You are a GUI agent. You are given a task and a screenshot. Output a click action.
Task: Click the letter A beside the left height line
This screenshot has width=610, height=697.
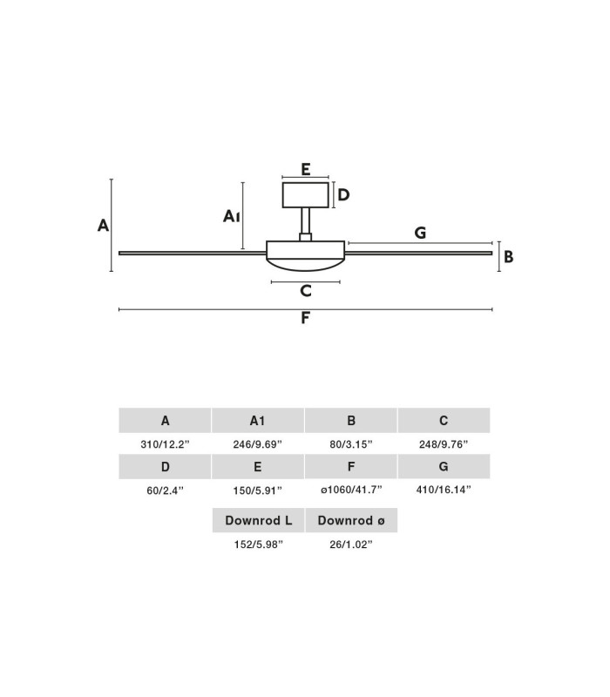pyautogui.click(x=103, y=226)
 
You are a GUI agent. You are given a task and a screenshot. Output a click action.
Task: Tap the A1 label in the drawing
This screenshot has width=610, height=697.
pyautogui.click(x=231, y=216)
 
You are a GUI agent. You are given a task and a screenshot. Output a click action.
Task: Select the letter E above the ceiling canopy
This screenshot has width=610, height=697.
pyautogui.click(x=306, y=169)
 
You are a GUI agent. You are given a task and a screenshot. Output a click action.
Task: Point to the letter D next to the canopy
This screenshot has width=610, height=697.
pyautogui.click(x=343, y=194)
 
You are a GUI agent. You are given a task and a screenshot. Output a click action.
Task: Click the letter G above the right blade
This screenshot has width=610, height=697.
pyautogui.click(x=420, y=233)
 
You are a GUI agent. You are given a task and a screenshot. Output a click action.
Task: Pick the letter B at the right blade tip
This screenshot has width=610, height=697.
pyautogui.click(x=509, y=256)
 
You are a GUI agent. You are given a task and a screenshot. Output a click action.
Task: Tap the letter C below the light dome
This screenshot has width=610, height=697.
pyautogui.click(x=306, y=291)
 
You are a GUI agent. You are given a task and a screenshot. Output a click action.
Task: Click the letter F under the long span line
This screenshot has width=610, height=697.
pyautogui.click(x=305, y=318)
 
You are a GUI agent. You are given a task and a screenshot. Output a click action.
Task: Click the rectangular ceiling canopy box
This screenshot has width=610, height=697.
pyautogui.click(x=306, y=194)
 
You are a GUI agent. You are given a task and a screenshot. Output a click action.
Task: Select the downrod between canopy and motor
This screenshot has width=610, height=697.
pyautogui.click(x=306, y=221)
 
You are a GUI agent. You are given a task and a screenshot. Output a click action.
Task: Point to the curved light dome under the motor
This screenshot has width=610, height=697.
pyautogui.click(x=306, y=265)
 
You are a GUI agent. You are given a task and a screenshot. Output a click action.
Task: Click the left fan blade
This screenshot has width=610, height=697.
pyautogui.click(x=193, y=254)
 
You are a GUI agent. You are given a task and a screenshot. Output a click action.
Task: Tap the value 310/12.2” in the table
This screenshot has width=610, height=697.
pyautogui.click(x=165, y=444)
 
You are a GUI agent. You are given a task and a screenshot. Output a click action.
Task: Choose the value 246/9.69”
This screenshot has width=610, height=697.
pyautogui.click(x=257, y=444)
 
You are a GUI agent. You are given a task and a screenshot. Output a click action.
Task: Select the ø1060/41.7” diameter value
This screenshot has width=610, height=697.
pyautogui.click(x=351, y=490)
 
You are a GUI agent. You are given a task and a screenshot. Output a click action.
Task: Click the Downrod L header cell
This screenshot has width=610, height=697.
pyautogui.click(x=258, y=520)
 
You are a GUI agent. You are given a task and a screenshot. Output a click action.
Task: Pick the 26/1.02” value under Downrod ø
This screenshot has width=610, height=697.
pyautogui.click(x=351, y=545)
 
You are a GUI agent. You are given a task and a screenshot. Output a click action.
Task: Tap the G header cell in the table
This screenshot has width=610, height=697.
pyautogui.click(x=444, y=467)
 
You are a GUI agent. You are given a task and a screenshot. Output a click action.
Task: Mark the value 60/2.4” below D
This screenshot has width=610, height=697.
pyautogui.click(x=165, y=491)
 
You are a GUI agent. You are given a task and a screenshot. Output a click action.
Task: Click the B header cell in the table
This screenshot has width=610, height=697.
pyautogui.click(x=351, y=421)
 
